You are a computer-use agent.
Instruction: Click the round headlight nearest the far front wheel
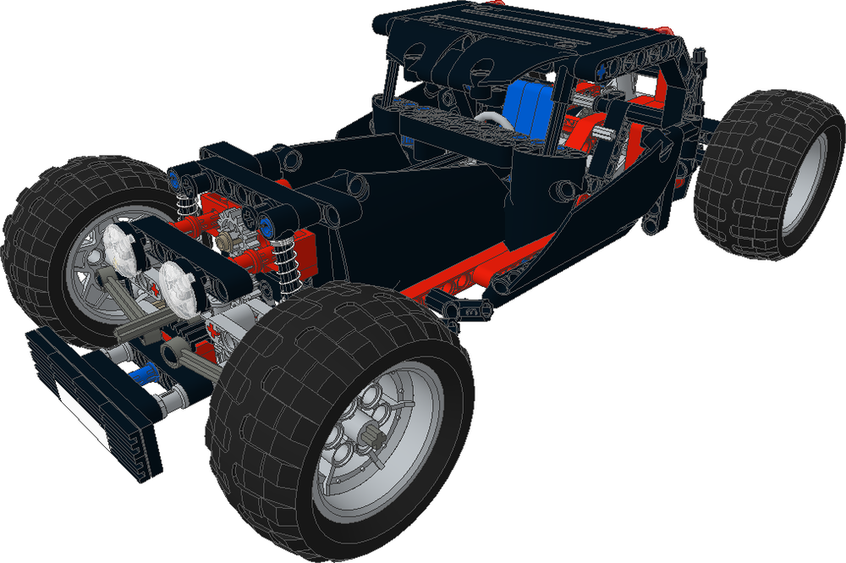pyautogui.click(x=120, y=246)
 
